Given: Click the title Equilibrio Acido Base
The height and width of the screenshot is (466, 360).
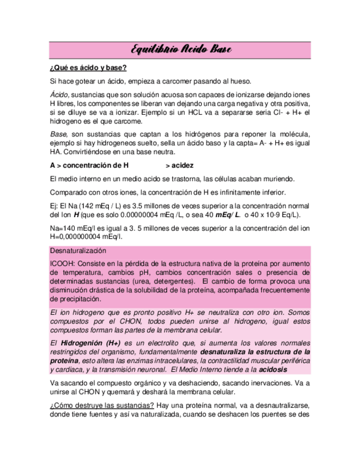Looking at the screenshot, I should click(x=181, y=50).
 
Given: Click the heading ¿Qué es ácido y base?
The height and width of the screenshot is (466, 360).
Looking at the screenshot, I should click(x=88, y=68).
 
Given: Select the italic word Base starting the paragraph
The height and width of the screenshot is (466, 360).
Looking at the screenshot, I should click(x=58, y=135).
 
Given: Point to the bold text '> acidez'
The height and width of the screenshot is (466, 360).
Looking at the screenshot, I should click(x=179, y=165).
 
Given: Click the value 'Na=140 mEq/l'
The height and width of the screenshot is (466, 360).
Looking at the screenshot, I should click(x=71, y=228).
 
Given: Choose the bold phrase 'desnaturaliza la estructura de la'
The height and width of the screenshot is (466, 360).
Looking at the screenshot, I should click(x=256, y=352).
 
